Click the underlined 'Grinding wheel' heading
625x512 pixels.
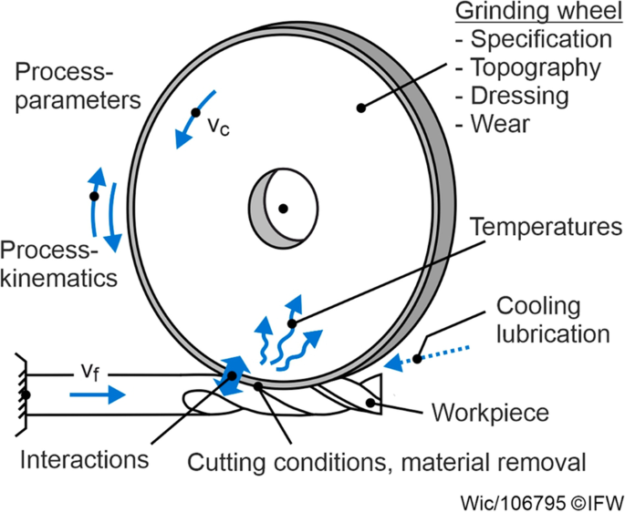(x=539, y=12)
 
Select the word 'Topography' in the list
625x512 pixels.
(x=536, y=68)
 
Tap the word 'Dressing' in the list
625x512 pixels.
(x=520, y=97)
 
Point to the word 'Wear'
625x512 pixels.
(x=501, y=124)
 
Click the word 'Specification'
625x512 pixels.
(x=541, y=40)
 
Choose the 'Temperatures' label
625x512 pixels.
(x=547, y=227)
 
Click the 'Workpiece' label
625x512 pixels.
(x=490, y=413)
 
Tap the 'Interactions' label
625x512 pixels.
(x=85, y=459)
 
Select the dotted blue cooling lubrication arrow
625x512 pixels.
(x=427, y=357)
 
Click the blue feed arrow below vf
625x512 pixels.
(x=98, y=394)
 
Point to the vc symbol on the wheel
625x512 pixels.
(x=218, y=127)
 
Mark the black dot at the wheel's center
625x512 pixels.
(x=283, y=209)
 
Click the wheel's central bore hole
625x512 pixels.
(x=284, y=209)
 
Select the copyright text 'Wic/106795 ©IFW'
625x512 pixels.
(x=542, y=503)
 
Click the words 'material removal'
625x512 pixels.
(x=494, y=463)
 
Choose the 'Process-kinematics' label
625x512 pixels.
(x=59, y=264)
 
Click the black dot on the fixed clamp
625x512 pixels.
(x=26, y=395)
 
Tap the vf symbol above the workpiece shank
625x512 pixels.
(x=90, y=373)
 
